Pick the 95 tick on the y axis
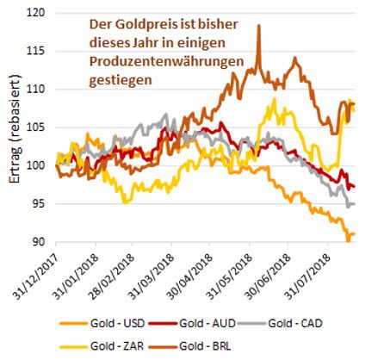coord(39,204)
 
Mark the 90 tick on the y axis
coord(39,242)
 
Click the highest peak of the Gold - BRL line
coord(258,26)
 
